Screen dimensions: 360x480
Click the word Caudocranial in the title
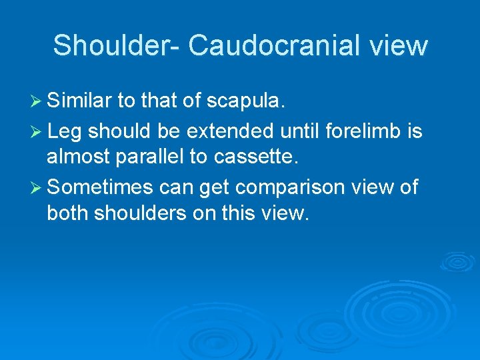(x=274, y=46)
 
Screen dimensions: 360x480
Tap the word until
(x=299, y=131)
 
